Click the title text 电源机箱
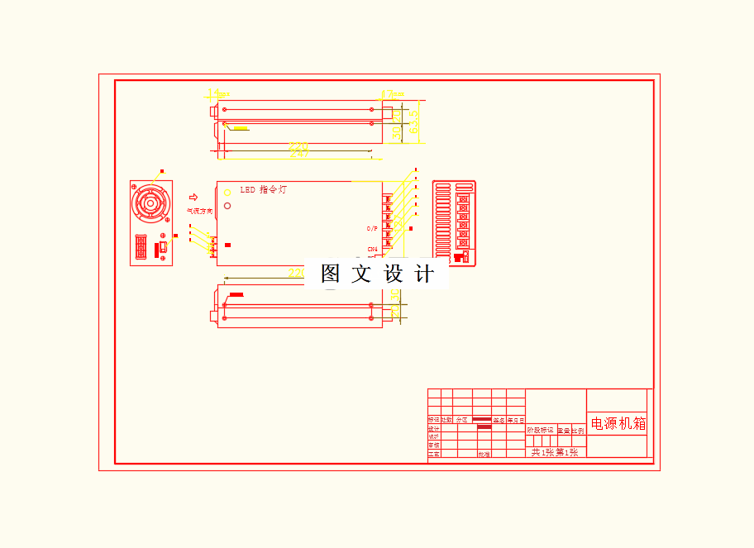[x=618, y=424]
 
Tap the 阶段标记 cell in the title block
[x=540, y=430]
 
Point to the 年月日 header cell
[x=516, y=420]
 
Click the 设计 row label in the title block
[x=433, y=429]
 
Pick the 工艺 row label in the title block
[x=433, y=454]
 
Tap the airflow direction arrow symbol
[x=193, y=198]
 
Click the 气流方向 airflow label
[x=199, y=211]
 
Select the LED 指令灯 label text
[x=264, y=190]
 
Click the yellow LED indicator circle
[x=227, y=193]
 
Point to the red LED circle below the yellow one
[x=227, y=205]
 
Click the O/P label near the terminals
[x=372, y=228]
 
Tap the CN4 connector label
[x=372, y=249]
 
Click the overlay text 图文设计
[x=377, y=274]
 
